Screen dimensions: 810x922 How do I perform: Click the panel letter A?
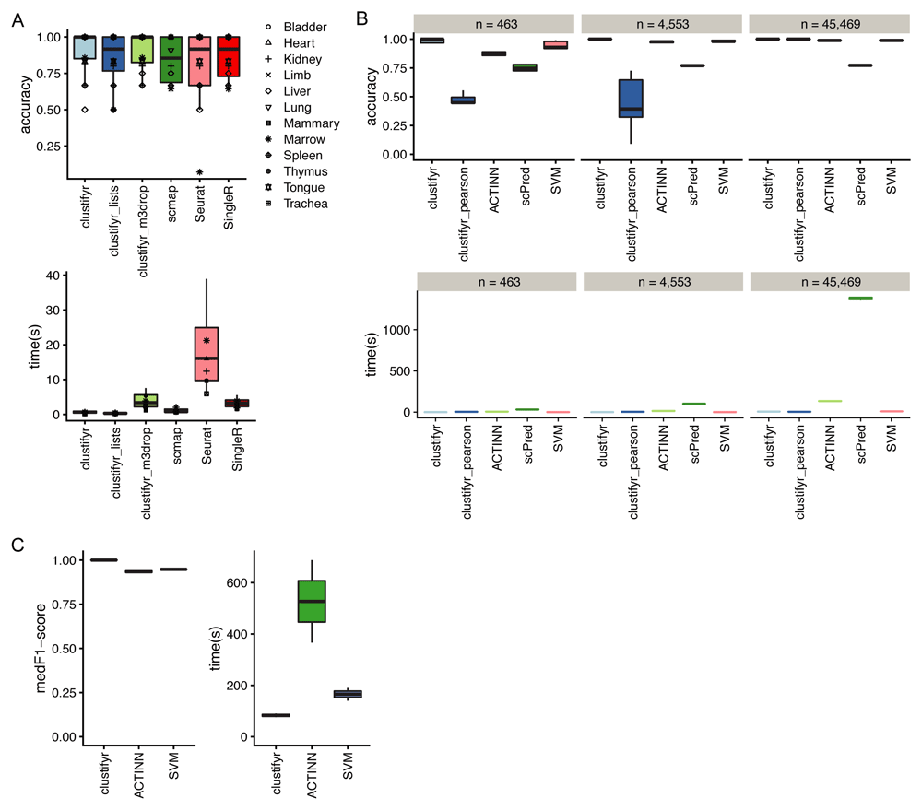18,19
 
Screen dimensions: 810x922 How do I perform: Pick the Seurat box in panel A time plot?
207,354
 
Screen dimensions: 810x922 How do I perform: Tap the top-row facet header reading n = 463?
496,20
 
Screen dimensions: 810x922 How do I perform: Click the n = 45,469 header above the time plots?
826,279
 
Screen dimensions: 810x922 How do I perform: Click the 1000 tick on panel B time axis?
397,330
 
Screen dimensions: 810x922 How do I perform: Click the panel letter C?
18,544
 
